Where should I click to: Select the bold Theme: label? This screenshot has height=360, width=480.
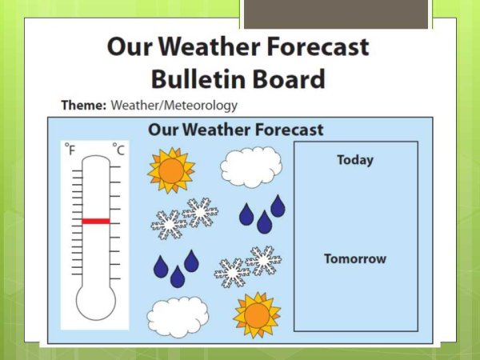click(84, 105)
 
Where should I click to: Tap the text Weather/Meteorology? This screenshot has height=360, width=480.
click(174, 105)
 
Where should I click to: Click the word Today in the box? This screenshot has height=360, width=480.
click(354, 160)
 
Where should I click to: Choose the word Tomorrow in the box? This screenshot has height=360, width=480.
click(354, 258)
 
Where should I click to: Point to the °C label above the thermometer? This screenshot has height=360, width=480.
click(118, 150)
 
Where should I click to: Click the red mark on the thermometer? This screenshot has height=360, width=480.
click(95, 221)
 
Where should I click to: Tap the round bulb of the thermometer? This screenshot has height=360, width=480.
click(95, 307)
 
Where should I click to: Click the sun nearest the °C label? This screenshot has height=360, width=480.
click(170, 170)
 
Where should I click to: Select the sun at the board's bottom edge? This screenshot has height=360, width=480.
click(256, 314)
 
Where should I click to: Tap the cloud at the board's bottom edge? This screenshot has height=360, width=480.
click(177, 317)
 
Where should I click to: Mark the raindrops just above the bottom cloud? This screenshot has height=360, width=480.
click(176, 268)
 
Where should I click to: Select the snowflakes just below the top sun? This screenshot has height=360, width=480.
click(185, 218)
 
